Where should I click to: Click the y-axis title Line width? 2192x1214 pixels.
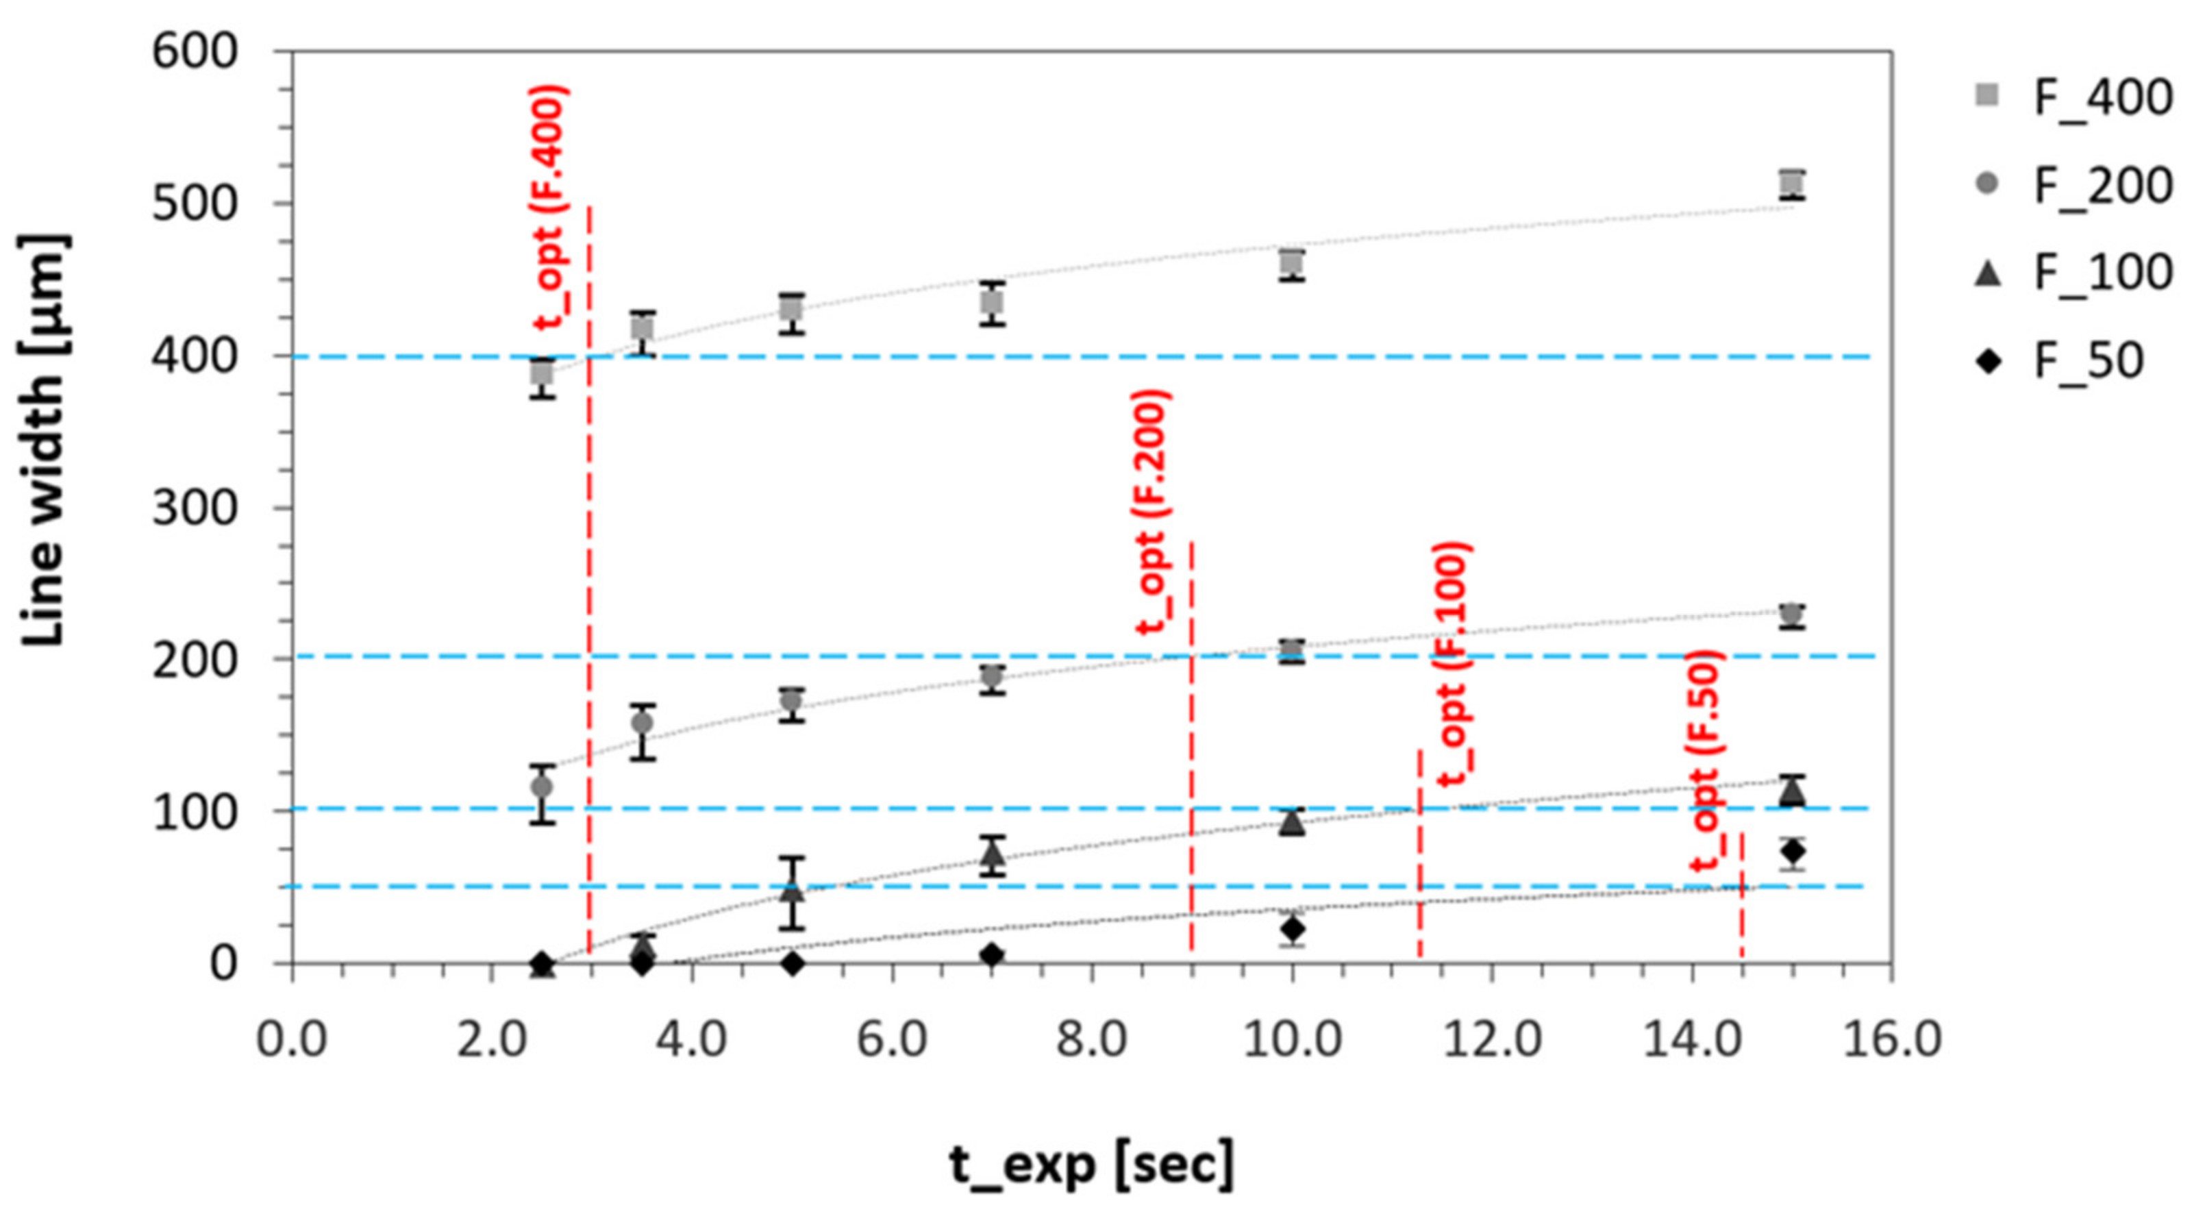tap(42, 438)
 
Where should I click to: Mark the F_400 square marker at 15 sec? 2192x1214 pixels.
tap(1792, 183)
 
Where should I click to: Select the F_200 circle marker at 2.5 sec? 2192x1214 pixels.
tap(542, 786)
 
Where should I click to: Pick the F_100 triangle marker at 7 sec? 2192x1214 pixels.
tap(992, 853)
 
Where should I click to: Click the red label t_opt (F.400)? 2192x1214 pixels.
tap(549, 207)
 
